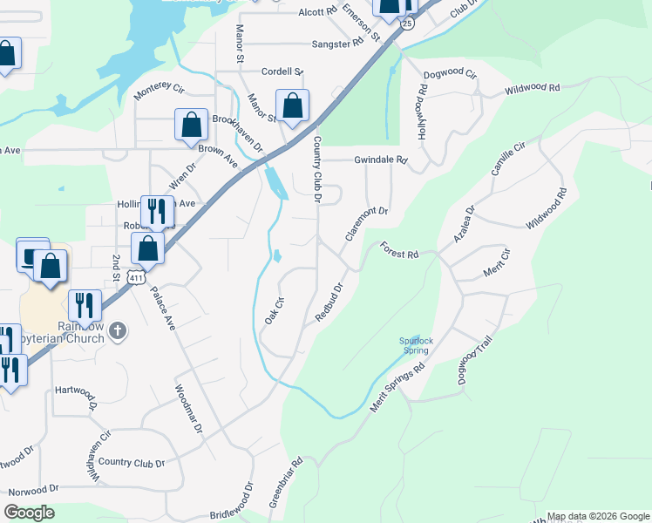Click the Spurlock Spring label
415,345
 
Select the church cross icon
119,331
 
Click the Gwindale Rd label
380,160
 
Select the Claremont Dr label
365,224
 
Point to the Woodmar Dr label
188,410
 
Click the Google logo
29,513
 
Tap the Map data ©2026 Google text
597,516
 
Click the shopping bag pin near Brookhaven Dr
191,125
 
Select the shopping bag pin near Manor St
293,105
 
